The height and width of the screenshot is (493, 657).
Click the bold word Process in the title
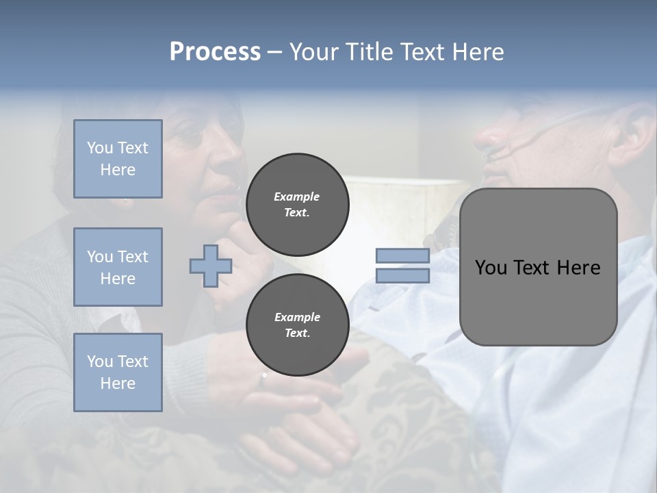215,52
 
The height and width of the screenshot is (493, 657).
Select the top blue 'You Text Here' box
118,159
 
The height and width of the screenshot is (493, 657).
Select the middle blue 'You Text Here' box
118,267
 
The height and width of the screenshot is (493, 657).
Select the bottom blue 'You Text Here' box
118,372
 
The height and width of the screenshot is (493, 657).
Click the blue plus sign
211,266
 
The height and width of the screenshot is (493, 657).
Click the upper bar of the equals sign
403,256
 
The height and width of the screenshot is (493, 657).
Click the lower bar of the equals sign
403,275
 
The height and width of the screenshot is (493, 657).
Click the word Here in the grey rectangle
578,268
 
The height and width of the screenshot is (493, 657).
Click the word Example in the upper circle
297,197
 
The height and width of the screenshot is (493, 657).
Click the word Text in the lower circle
297,333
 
